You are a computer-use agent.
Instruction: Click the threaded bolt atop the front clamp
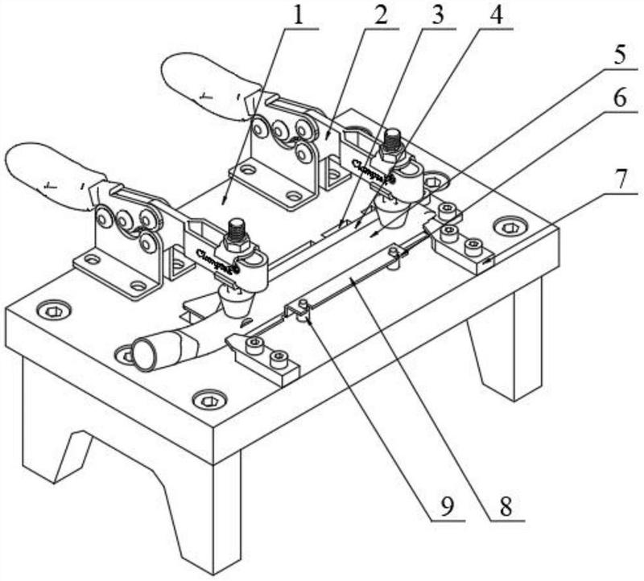pos(237,232)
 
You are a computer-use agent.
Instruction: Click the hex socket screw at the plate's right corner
pos(509,228)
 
